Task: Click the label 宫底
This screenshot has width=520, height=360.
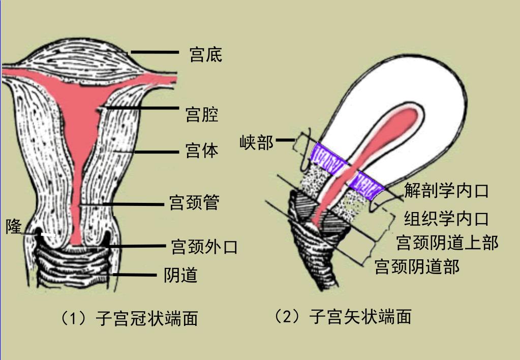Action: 205,54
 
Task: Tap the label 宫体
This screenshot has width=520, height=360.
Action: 202,151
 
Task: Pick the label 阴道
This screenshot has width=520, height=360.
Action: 180,275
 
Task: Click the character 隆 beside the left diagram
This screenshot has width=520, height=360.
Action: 14,226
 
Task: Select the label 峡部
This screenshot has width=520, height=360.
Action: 256,142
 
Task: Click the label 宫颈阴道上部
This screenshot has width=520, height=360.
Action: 447,243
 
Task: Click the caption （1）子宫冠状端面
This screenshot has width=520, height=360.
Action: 129,319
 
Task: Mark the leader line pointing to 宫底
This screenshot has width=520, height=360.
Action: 155,52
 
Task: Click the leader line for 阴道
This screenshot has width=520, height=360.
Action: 135,275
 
